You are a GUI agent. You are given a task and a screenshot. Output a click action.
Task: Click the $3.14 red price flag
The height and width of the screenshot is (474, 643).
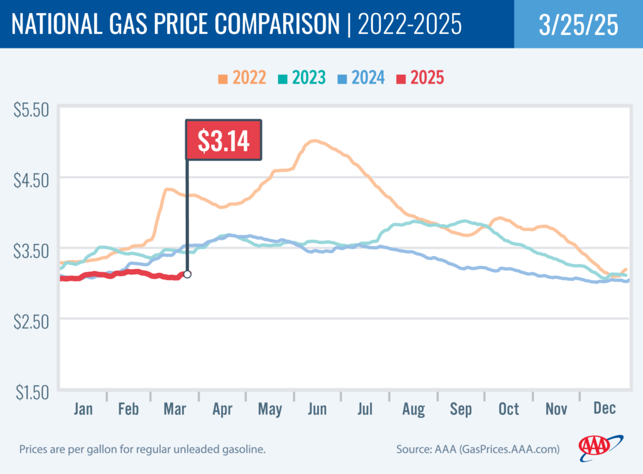tap(224, 140)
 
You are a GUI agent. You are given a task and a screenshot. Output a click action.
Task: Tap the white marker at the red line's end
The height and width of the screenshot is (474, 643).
tap(187, 274)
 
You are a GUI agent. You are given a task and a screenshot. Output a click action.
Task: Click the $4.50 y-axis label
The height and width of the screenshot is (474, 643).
tap(31, 181)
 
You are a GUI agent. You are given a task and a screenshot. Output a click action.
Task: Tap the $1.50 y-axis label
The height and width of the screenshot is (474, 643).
tap(31, 392)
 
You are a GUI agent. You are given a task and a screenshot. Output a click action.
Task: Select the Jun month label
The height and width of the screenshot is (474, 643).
tap(317, 409)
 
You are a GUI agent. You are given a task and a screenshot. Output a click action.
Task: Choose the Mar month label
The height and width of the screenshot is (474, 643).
tap(175, 409)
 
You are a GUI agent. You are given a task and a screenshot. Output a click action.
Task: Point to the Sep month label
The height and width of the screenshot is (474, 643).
tap(460, 409)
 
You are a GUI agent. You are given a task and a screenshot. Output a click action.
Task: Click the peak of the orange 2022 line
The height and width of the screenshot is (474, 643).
tap(314, 141)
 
